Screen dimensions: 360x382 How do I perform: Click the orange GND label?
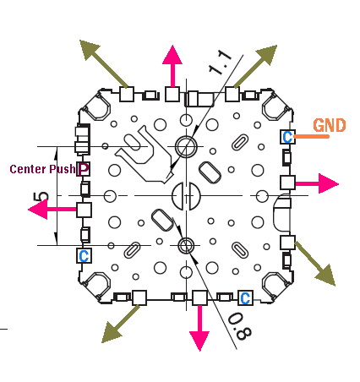(x=330, y=125)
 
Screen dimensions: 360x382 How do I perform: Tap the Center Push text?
(x=42, y=169)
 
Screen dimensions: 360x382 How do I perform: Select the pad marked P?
(x=84, y=169)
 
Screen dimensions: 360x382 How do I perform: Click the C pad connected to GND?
(x=287, y=137)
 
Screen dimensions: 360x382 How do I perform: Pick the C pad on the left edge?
(x=84, y=256)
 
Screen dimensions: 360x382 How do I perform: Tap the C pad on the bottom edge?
(x=245, y=298)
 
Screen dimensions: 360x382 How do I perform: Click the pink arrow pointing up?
(x=172, y=66)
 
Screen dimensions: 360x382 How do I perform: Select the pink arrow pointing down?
(x=199, y=328)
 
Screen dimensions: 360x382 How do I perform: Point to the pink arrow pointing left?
(x=52, y=209)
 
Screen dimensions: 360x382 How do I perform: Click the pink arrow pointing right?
(x=317, y=183)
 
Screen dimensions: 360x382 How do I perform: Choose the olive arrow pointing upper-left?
(x=104, y=63)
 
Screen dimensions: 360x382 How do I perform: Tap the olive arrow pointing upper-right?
(x=255, y=66)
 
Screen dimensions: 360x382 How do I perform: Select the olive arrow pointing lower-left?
(x=121, y=324)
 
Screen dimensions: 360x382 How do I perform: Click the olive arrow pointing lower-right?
(x=315, y=264)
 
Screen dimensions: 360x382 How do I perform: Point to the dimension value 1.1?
(x=221, y=63)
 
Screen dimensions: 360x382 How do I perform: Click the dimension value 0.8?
(x=240, y=326)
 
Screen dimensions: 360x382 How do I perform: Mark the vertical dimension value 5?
(x=41, y=196)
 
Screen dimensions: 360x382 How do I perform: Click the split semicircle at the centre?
(x=186, y=196)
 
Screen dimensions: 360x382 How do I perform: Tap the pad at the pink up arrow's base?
(x=172, y=94)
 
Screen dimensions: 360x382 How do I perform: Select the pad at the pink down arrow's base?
(x=199, y=298)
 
